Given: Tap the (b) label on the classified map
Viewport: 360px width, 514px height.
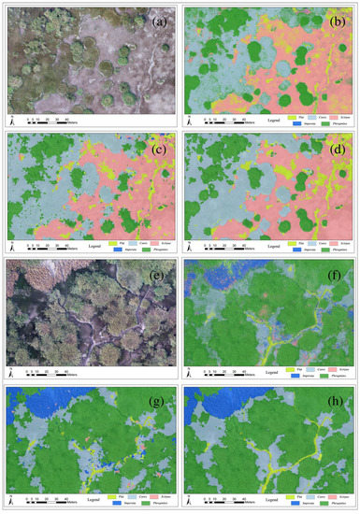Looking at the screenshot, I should tap(340, 17).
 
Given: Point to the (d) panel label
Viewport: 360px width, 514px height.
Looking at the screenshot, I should tap(340, 143).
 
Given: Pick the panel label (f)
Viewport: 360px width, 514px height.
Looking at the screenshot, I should tap(340, 270).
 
